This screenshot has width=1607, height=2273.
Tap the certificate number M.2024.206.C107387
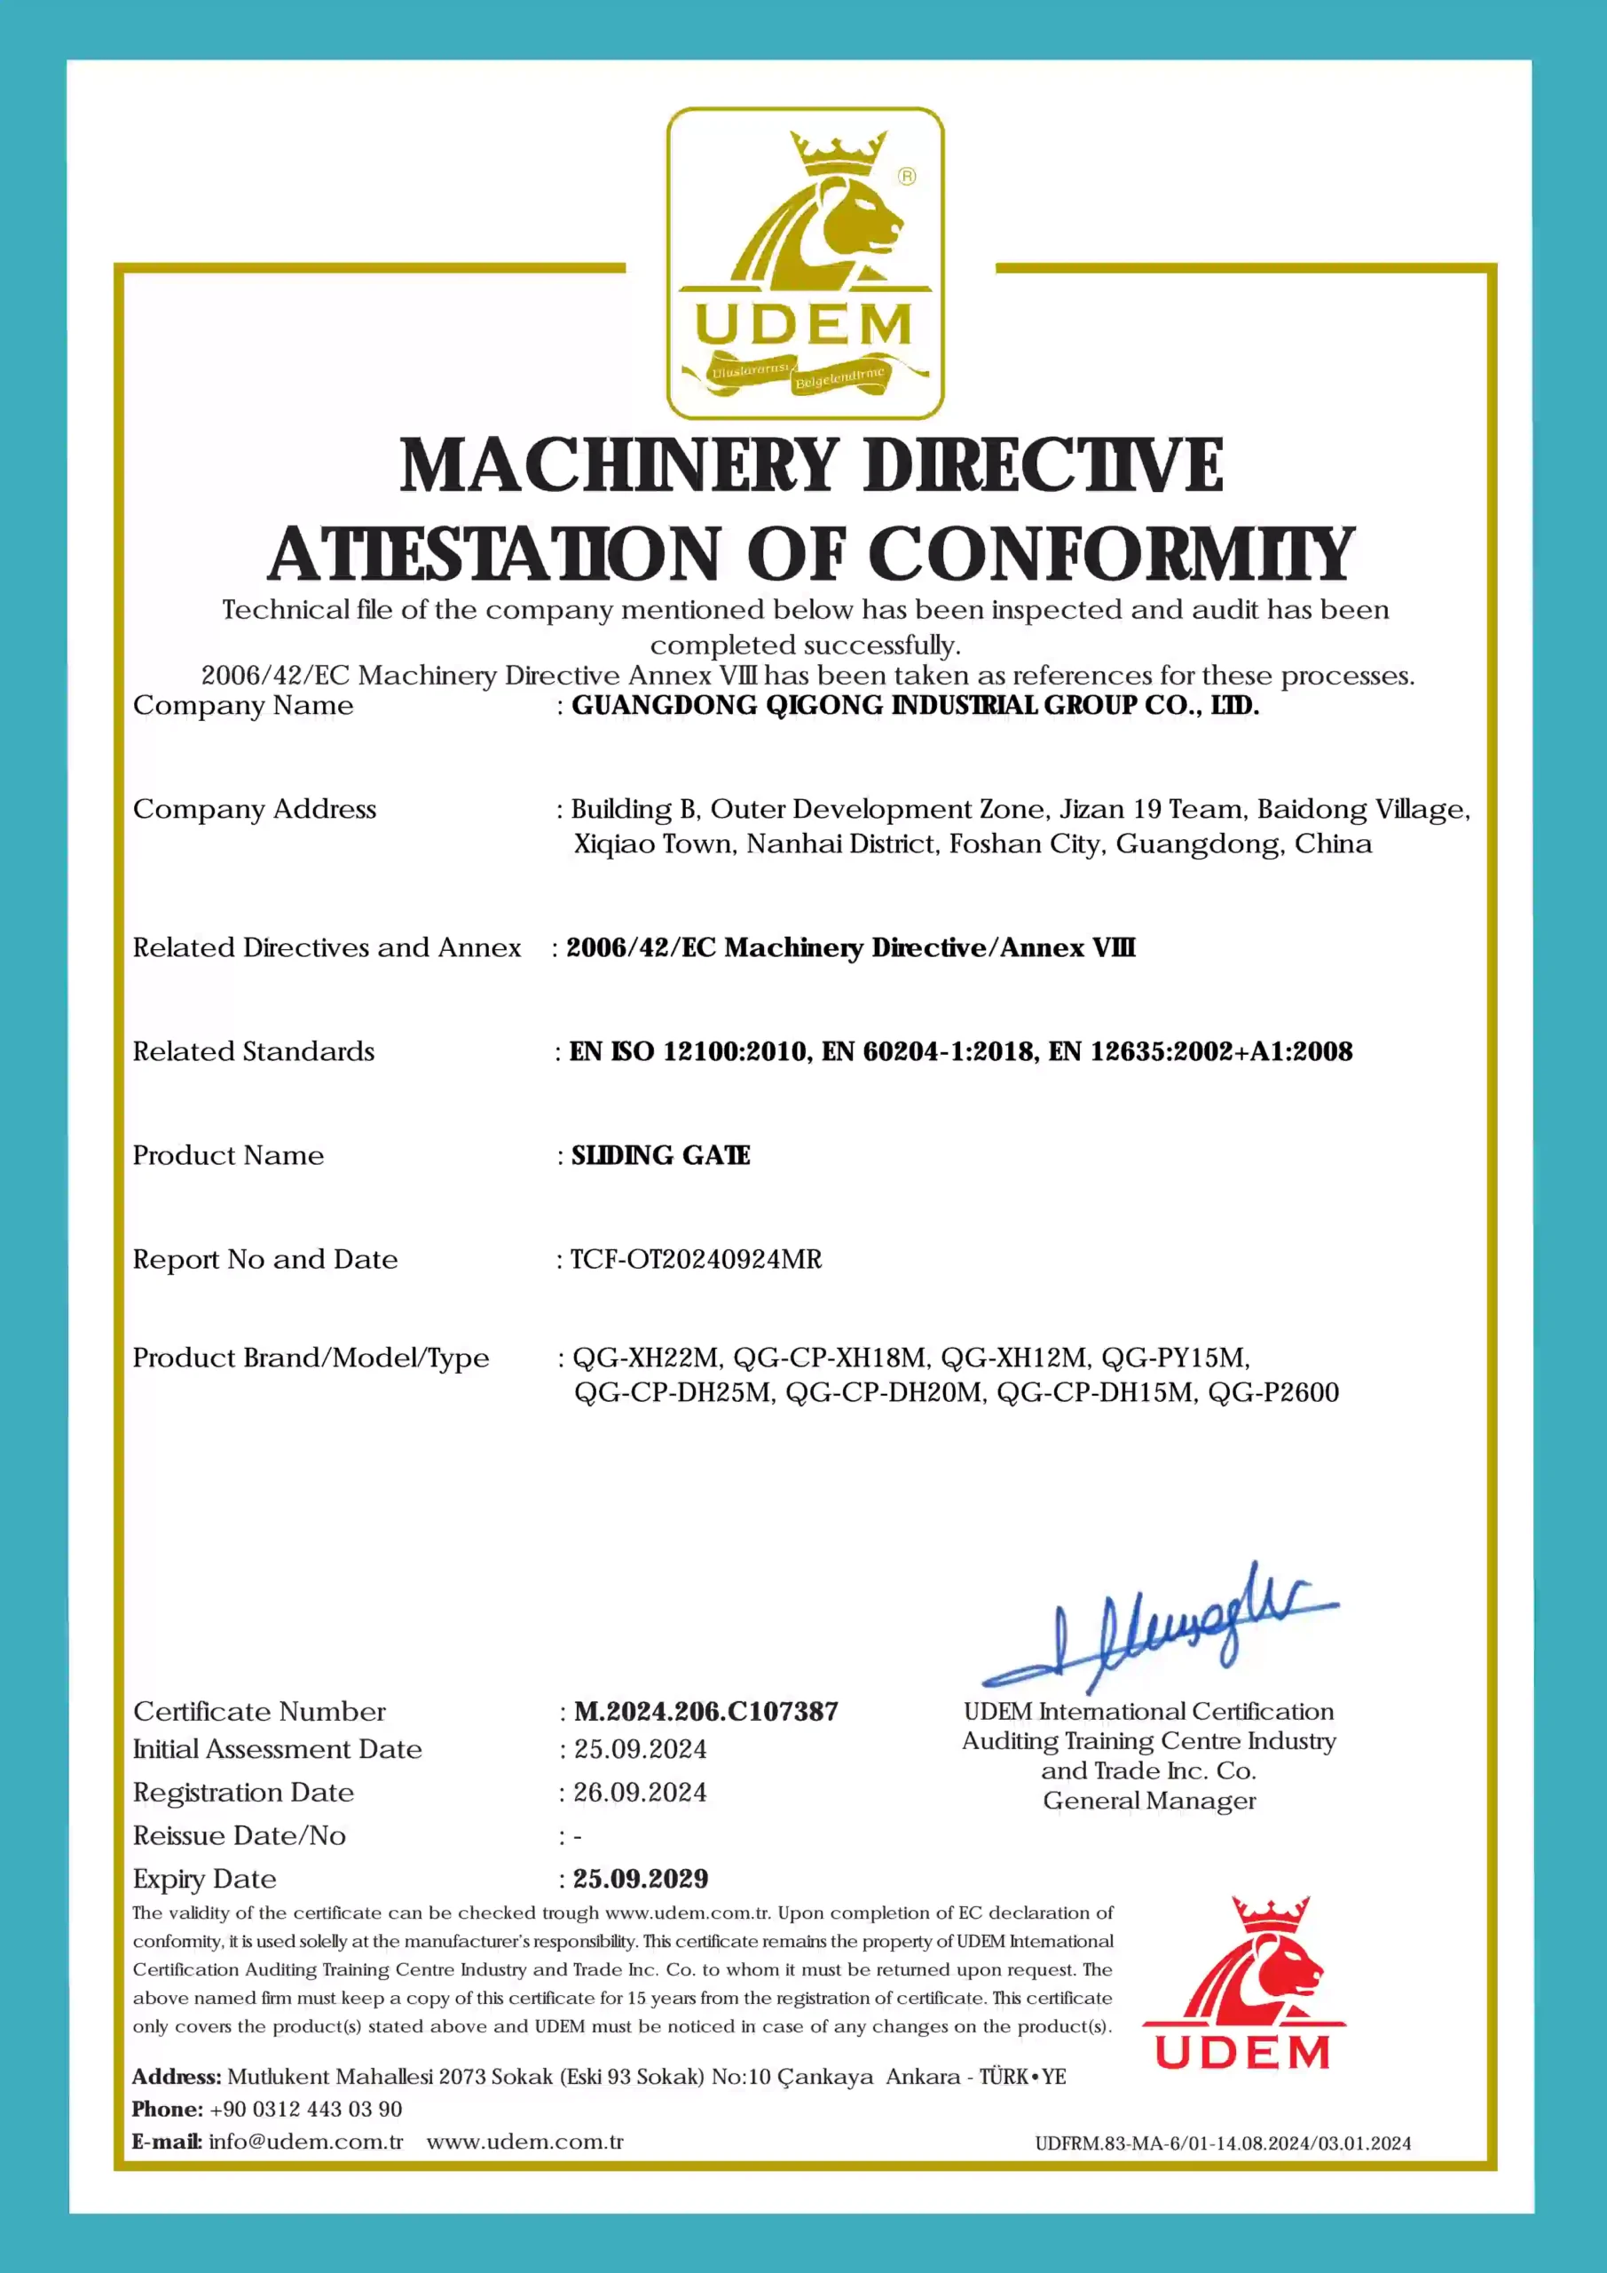705,1712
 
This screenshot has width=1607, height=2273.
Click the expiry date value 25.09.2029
641,1879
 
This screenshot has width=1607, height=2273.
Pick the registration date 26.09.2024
641,1793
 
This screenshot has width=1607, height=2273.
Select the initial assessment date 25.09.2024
641,1749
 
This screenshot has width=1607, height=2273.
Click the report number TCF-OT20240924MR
696,1259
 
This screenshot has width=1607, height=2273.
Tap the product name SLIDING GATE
660,1155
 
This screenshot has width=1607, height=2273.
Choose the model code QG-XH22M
648,1358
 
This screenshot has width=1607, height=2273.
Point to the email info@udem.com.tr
306,2142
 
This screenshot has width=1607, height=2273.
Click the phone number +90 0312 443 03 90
306,2110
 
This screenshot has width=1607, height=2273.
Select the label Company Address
255,810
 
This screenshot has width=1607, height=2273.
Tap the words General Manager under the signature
1149,1801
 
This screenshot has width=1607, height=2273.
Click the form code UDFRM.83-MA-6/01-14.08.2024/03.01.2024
1223,2144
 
